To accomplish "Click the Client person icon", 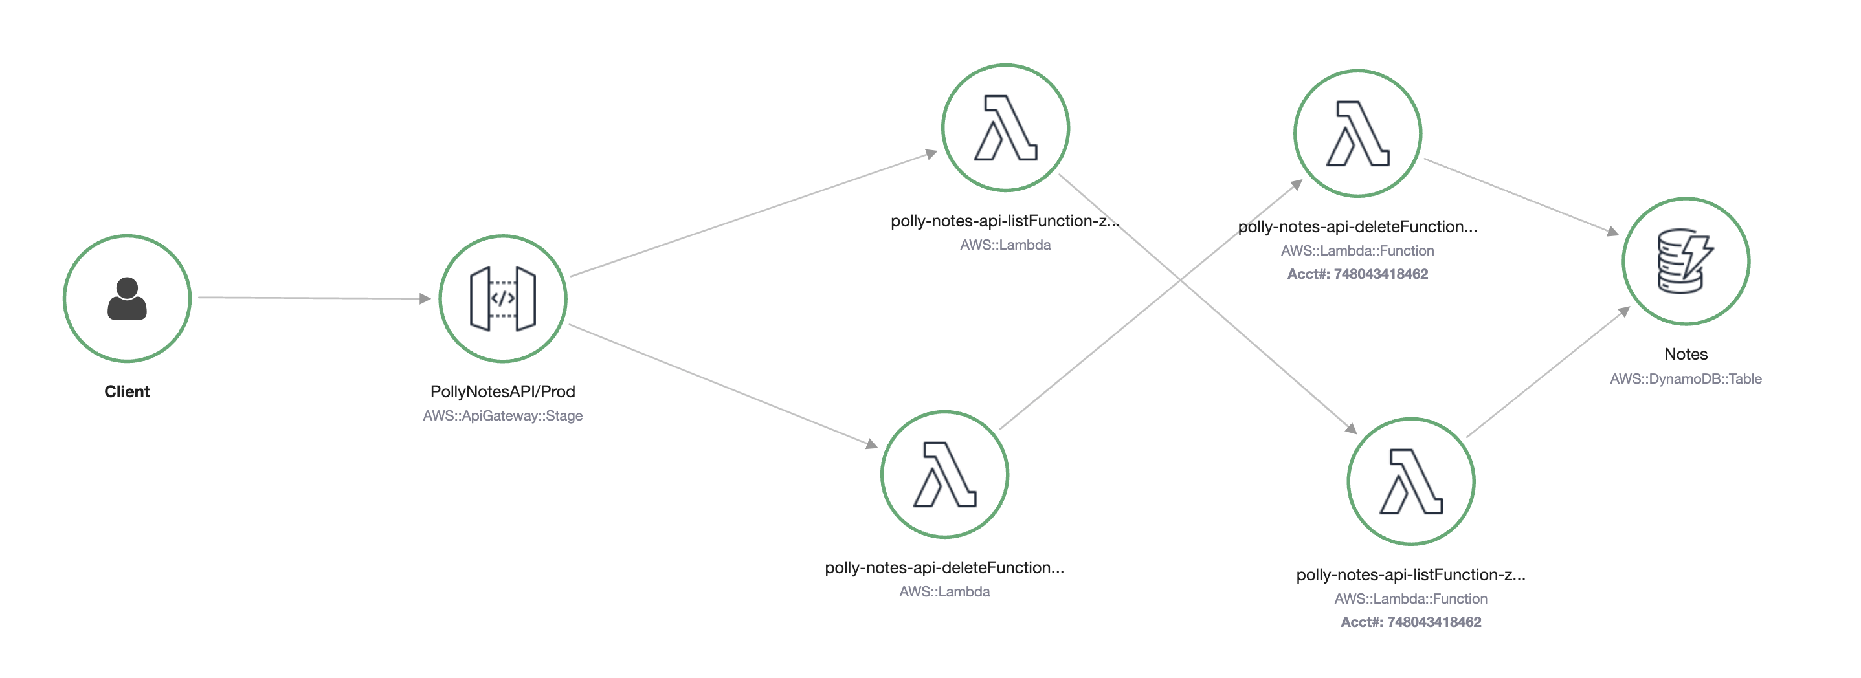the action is [127, 298].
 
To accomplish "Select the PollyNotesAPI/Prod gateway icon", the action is [503, 298].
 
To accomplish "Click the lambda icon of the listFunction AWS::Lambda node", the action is [1006, 128].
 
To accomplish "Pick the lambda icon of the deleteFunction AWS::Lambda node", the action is [945, 474].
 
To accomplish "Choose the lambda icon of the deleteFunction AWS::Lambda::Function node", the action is [1357, 133].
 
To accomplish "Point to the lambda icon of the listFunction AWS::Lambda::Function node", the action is [1411, 481].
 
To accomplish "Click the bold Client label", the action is [127, 391].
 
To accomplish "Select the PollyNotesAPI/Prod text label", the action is [503, 391].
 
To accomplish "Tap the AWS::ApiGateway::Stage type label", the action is [503, 416].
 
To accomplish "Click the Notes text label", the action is [1686, 354].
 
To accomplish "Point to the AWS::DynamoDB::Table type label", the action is [1686, 379].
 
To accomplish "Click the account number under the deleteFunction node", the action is [1357, 274].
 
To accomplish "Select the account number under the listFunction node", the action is [1411, 622].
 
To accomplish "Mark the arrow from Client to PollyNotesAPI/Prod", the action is [314, 298].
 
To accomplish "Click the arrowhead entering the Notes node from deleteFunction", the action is [1613, 231].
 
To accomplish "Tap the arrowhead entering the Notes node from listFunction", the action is [1624, 312].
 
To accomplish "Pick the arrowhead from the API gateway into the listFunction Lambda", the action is [931, 153].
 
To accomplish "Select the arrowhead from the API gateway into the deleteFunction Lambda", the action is [872, 444].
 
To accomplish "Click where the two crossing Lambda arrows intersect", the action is [1181, 279].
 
